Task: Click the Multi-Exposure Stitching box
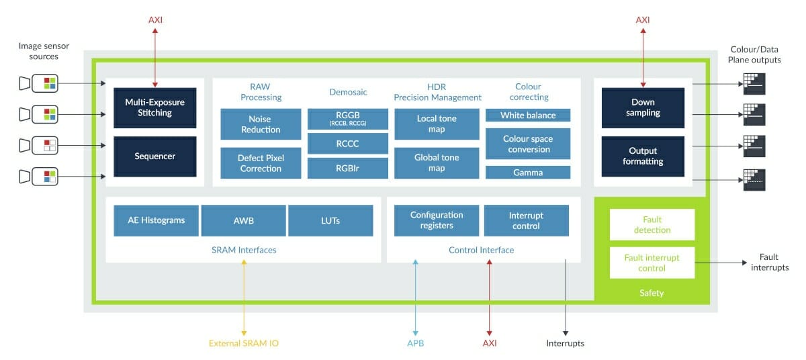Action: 154,107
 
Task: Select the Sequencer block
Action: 154,156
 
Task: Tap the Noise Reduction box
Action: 261,124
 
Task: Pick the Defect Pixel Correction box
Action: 261,163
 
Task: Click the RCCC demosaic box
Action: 348,144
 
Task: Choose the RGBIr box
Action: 348,169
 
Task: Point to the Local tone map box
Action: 437,124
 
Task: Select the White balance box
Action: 528,115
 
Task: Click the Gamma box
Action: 528,172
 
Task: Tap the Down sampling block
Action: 643,107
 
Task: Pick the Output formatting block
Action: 643,156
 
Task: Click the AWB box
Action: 244,220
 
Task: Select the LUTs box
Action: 330,220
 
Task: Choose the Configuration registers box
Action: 437,220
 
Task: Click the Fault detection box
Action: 652,225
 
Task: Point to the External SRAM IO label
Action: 244,343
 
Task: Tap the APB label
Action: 416,343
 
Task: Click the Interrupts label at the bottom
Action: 566,343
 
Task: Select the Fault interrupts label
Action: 770,262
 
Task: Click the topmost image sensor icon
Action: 39,83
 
